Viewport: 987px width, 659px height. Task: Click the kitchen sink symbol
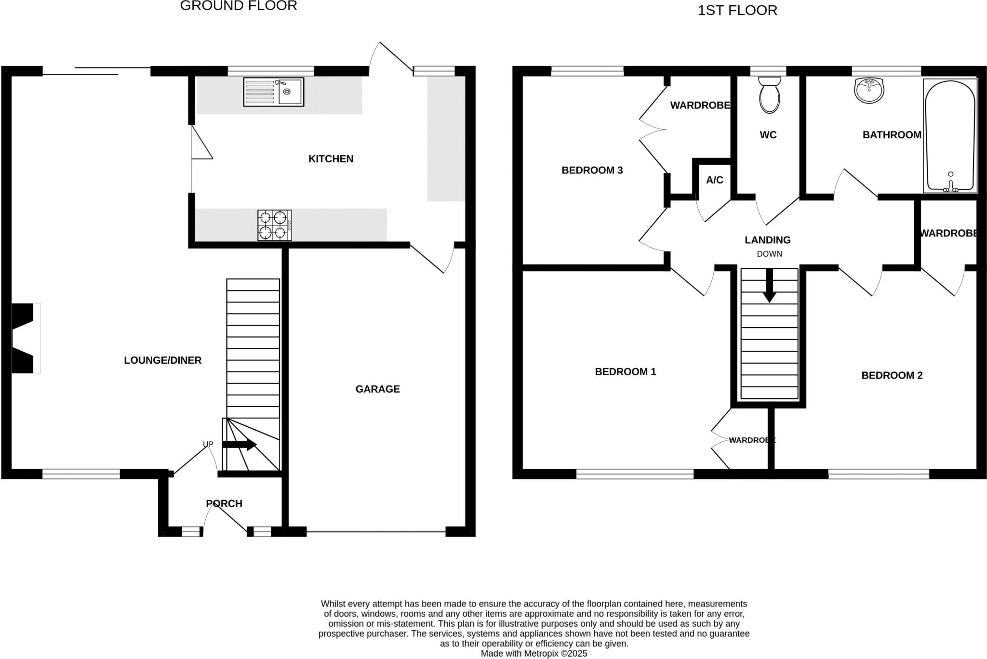(273, 92)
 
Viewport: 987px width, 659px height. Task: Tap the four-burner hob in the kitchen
(274, 225)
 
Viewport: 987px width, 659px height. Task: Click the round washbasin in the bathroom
(869, 91)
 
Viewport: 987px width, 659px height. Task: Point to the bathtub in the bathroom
(950, 136)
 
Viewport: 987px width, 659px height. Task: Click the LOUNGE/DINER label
(162, 360)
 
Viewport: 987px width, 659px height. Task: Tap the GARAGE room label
(377, 389)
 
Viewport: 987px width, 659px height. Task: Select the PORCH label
(224, 503)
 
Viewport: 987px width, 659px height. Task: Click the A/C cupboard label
(714, 180)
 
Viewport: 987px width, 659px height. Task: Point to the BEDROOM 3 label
(592, 170)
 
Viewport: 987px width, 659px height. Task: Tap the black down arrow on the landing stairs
(769, 285)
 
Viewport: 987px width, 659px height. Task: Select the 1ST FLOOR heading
(737, 10)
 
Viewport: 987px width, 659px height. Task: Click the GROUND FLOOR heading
(239, 6)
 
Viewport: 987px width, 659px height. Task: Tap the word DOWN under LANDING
(769, 254)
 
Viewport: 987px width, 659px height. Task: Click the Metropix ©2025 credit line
(534, 654)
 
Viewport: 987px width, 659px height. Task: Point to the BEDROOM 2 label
(892, 375)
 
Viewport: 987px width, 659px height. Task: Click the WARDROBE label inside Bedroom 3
(700, 105)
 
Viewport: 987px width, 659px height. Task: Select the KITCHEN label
(331, 159)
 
